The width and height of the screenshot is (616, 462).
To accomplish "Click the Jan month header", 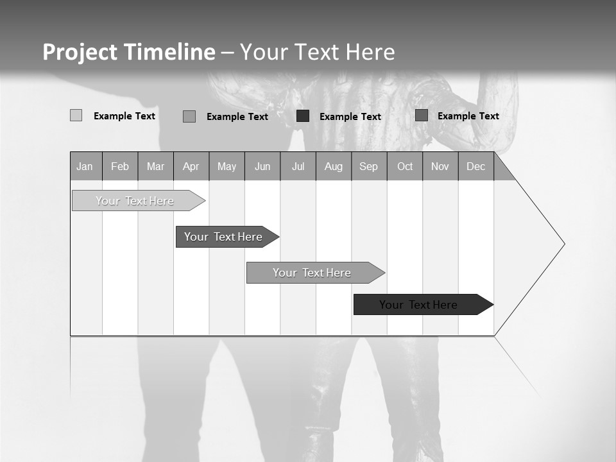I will (85, 166).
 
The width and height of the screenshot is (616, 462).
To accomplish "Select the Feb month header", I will (120, 166).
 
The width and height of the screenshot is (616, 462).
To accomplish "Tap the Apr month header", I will (191, 166).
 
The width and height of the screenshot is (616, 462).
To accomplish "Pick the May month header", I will (227, 166).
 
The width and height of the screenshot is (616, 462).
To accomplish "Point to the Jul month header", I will (298, 166).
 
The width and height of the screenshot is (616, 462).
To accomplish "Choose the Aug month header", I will (333, 166).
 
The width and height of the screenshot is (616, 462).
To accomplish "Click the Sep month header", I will (368, 166).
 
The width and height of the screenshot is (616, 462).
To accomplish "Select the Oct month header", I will (404, 166).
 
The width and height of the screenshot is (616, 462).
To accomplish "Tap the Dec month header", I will (475, 166).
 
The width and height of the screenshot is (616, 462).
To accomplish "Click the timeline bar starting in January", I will (135, 201).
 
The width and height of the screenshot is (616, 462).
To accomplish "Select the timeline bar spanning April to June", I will (223, 237).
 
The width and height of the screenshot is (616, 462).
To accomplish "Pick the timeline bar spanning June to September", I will (312, 273).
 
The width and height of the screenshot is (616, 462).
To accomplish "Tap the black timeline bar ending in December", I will (418, 305).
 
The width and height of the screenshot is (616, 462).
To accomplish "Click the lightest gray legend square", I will (76, 116).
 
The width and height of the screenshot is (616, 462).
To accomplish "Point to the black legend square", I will (303, 116).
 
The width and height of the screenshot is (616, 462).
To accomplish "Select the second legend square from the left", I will (189, 116).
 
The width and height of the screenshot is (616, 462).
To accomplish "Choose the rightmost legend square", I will (421, 116).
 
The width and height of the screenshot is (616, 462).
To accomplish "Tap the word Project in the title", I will (79, 52).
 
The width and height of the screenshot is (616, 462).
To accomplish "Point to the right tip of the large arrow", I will (563, 244).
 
